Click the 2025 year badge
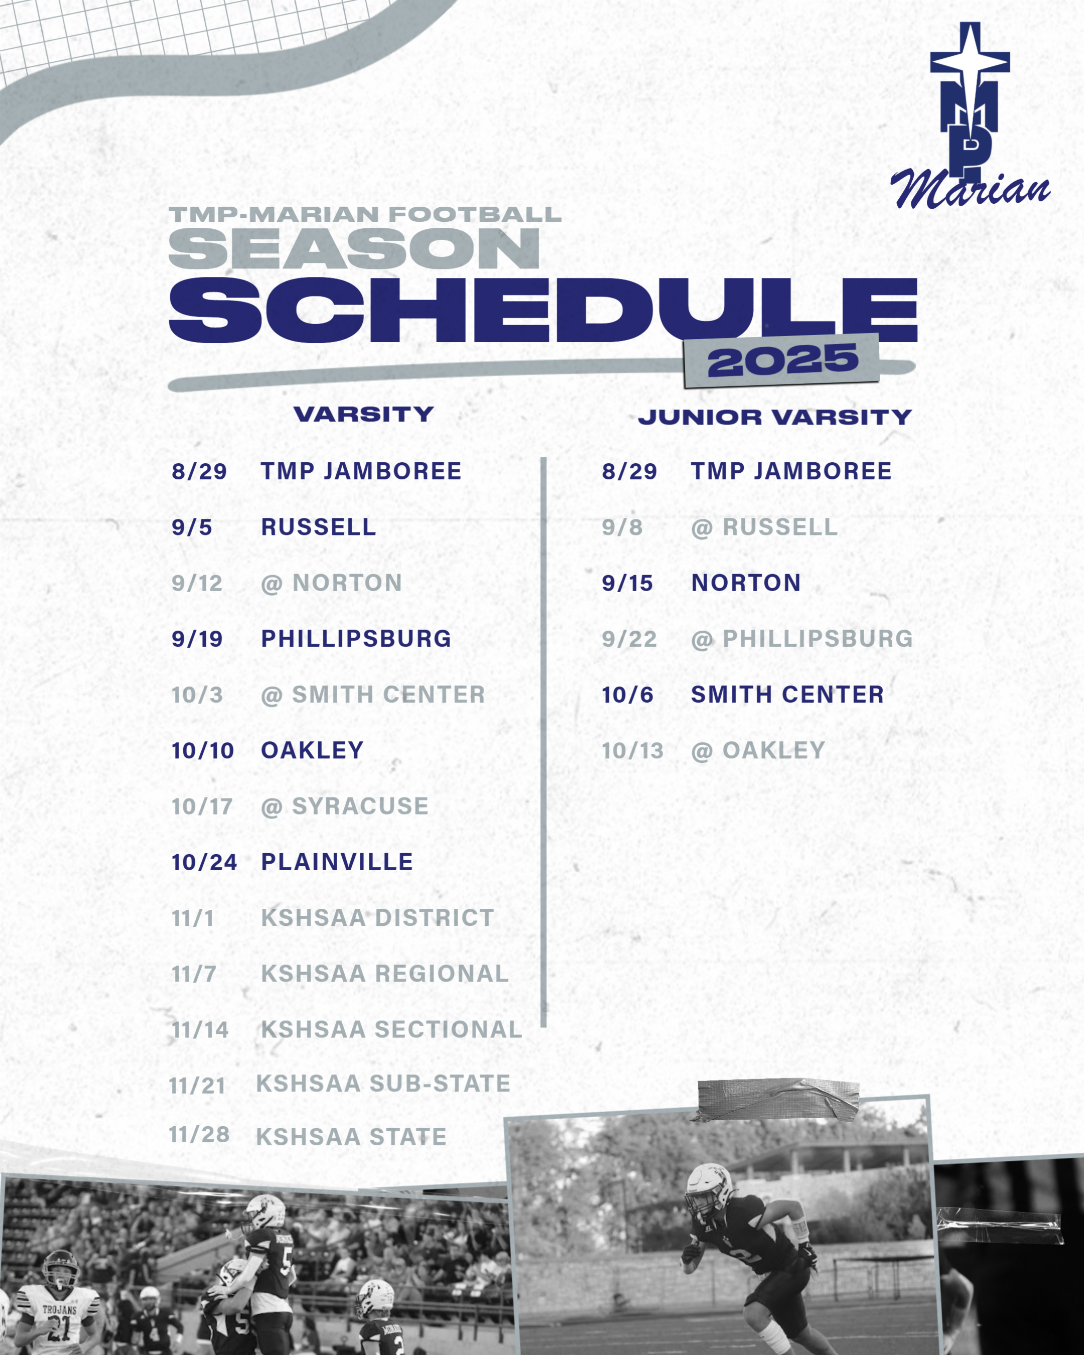coord(782,361)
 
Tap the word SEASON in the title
coord(354,249)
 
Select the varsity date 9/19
coord(197,639)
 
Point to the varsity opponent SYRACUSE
coord(360,806)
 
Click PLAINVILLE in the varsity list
coord(337,862)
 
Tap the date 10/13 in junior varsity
coord(632,751)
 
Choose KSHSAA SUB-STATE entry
coord(383,1084)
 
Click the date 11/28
coord(199,1135)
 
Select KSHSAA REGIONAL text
coord(384,974)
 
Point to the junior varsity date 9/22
coord(629,639)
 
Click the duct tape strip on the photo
coord(777,1100)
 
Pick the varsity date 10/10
coord(202,751)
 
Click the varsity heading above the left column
coord(364,414)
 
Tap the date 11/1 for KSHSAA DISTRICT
coord(193,919)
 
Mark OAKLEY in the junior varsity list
coord(773,751)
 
